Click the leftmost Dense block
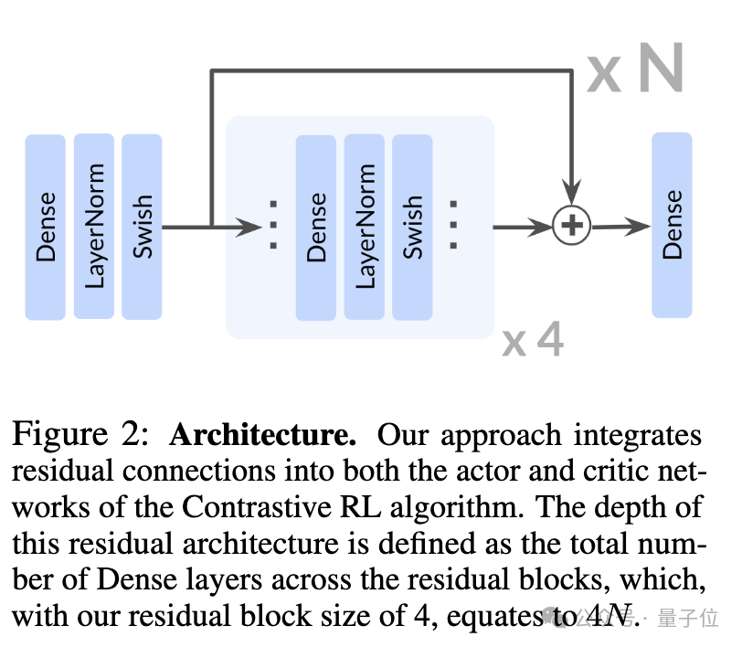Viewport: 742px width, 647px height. (x=45, y=227)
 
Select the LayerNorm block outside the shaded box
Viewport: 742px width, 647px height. (x=94, y=226)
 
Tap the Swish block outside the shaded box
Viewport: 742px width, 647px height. (x=142, y=226)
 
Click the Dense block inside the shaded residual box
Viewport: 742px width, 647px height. (x=316, y=227)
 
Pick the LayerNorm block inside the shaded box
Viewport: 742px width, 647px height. (x=365, y=227)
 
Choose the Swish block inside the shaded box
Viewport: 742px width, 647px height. (x=412, y=227)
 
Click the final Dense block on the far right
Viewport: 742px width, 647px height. (x=672, y=225)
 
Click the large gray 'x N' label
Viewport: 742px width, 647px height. (x=635, y=69)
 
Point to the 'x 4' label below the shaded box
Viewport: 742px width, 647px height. (x=533, y=341)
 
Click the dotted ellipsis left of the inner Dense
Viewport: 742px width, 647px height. (x=273, y=225)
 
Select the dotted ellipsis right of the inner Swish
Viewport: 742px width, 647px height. (x=452, y=225)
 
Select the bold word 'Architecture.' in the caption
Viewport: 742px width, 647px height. (x=262, y=434)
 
